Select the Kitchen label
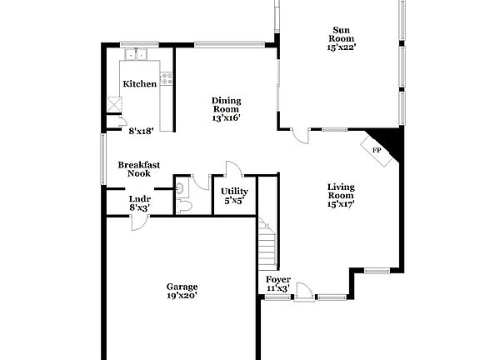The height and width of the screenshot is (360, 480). pos(140,84)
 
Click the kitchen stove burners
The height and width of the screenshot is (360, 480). pos(167,79)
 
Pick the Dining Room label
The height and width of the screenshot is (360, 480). pos(225,103)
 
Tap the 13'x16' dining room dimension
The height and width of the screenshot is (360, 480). pos(225,118)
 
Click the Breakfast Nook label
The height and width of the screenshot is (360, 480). pos(138,169)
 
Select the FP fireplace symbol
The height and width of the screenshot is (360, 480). pos(377,150)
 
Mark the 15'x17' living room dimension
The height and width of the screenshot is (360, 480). pos(341,204)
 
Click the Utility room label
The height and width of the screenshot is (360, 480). pos(234,192)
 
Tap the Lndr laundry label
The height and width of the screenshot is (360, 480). pos(140,199)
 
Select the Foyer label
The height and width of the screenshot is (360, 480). pos(277,279)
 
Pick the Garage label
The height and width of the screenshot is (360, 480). pos(182,285)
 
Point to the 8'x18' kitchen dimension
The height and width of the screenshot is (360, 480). pos(140,131)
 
